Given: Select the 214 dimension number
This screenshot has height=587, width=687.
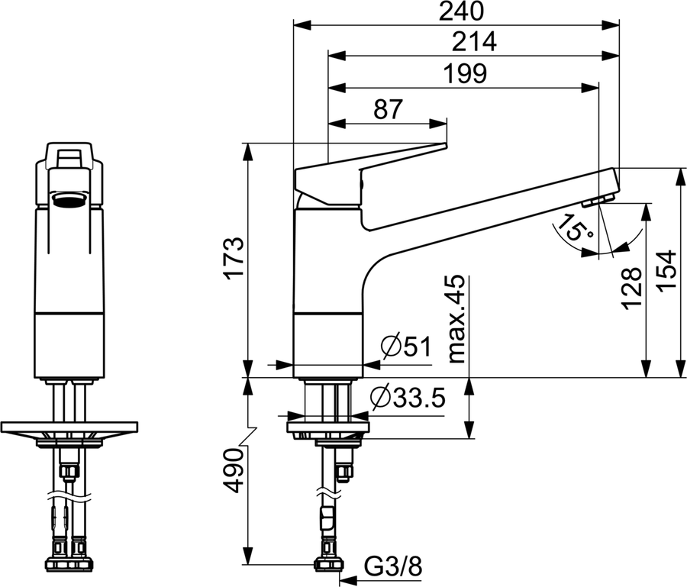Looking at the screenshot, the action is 475,42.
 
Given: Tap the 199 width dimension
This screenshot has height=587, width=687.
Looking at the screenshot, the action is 465,73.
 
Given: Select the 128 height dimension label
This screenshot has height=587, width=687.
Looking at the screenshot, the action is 633,289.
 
